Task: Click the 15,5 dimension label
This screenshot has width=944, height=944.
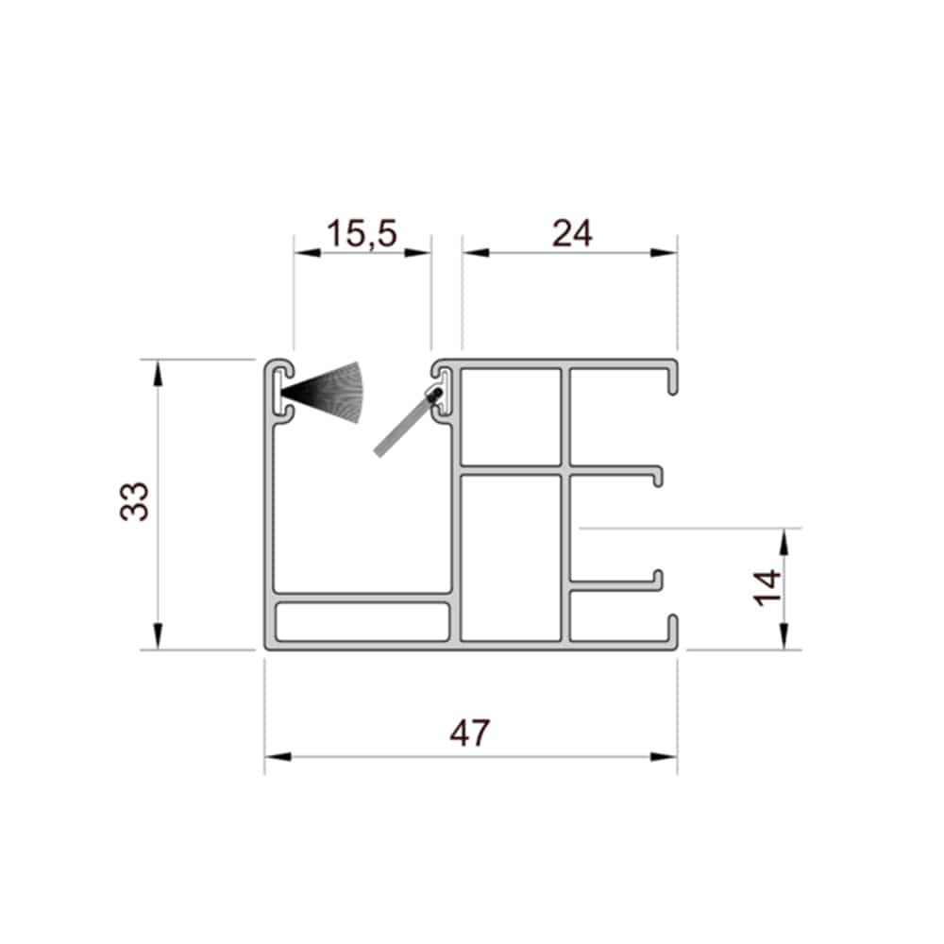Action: click(x=362, y=233)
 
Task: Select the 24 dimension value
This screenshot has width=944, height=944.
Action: click(x=572, y=233)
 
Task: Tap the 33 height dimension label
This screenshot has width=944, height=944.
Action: click(x=134, y=501)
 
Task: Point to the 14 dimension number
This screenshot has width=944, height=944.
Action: click(x=767, y=587)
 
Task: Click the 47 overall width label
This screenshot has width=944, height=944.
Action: click(x=469, y=733)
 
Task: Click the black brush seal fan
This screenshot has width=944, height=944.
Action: click(x=323, y=392)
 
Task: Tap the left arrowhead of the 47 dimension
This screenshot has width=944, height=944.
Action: click(x=278, y=757)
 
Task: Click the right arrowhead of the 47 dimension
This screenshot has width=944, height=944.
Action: click(x=664, y=757)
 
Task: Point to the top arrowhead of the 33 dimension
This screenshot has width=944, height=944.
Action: click(x=158, y=373)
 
